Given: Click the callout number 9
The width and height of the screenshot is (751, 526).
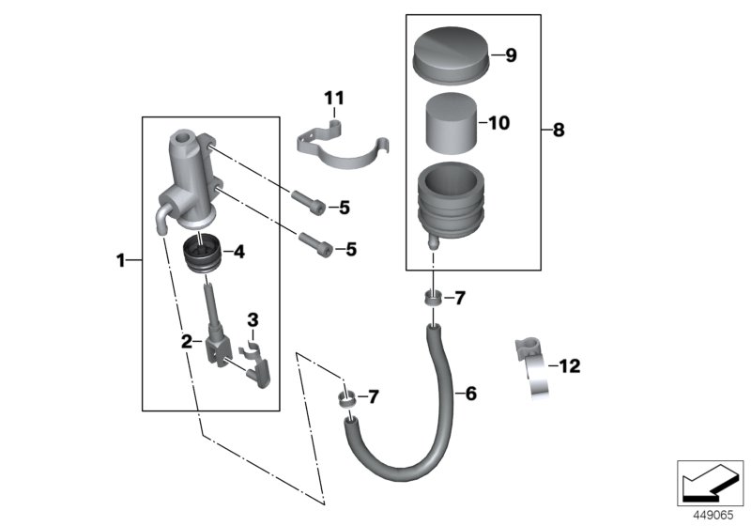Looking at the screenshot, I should click(x=511, y=55).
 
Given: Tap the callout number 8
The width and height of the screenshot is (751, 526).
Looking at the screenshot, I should click(x=559, y=131).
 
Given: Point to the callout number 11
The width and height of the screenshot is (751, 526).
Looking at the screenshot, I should click(x=335, y=98).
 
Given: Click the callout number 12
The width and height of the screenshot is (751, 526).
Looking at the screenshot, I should click(x=570, y=365).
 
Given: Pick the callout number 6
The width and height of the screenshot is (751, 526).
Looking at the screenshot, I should click(x=470, y=393).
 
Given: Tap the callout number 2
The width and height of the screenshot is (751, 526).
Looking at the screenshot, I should click(x=188, y=342).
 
